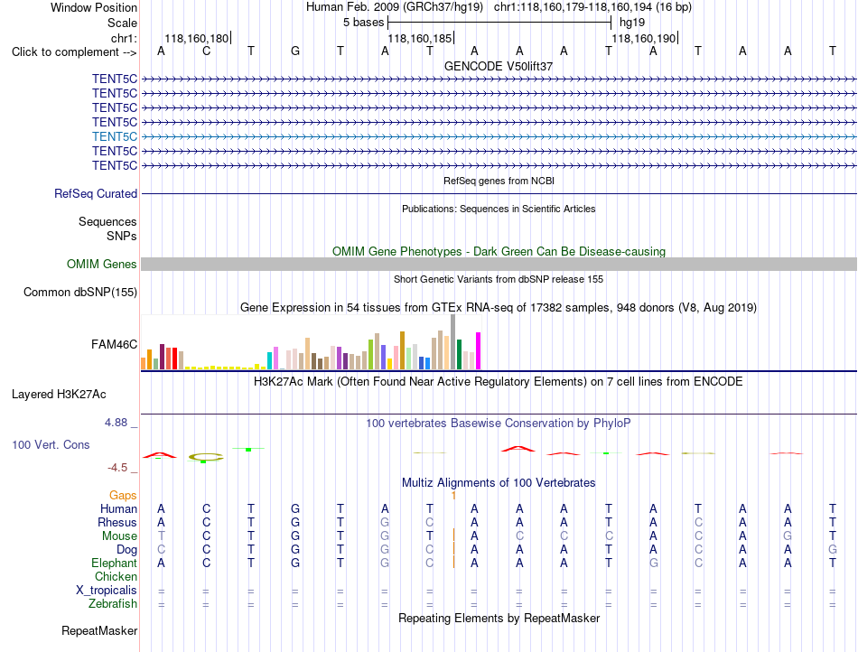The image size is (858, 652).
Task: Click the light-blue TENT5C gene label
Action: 115,136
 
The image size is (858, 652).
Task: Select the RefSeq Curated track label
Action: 96,193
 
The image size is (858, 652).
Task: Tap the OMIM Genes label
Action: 102,265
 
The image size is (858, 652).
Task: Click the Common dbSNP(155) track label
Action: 80,292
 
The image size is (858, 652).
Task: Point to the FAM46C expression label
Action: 115,345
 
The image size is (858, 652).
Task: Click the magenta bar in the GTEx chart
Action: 479,351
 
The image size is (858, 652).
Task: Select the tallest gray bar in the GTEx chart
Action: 452,342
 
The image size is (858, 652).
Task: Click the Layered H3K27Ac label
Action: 59,395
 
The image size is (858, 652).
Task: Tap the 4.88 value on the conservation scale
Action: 116,423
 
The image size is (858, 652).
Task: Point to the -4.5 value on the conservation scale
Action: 117,468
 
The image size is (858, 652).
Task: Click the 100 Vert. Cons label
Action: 51,444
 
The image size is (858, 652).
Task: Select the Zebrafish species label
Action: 113,604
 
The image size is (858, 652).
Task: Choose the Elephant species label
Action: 115,564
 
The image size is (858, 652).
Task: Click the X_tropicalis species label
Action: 107,591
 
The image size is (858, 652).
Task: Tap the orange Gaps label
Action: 123,496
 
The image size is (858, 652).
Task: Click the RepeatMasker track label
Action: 99,630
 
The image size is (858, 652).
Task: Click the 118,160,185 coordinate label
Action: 420,38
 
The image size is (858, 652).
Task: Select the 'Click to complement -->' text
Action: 74,52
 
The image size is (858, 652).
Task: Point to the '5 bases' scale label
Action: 364,23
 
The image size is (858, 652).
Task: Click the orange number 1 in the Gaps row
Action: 453,496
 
